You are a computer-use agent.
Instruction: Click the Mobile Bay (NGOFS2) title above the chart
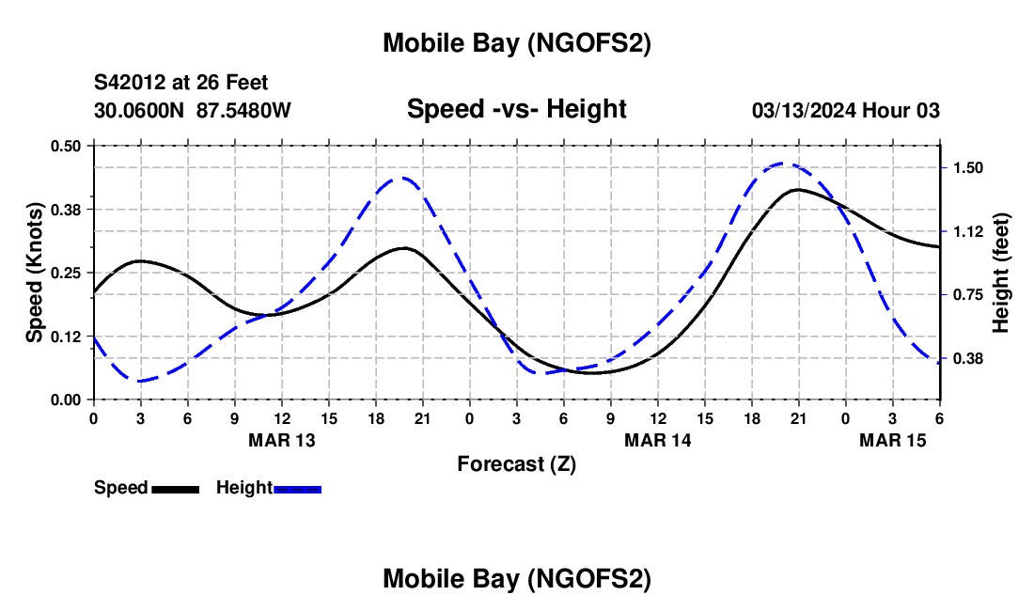point(516,43)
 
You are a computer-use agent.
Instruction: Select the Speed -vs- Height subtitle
point(516,109)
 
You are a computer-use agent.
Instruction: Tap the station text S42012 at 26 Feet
point(181,83)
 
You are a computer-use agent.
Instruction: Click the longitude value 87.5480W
point(243,110)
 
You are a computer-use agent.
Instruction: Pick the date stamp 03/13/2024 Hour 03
point(845,110)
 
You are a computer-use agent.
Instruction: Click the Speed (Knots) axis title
point(35,272)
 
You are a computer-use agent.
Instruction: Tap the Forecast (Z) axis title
point(516,463)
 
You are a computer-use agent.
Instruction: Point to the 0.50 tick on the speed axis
point(67,146)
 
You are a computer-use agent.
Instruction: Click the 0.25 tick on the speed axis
point(67,273)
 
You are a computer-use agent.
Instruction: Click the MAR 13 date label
point(282,440)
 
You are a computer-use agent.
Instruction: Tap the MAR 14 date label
point(658,440)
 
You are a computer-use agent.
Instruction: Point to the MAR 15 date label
point(892,440)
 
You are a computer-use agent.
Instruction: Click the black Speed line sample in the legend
point(175,489)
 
